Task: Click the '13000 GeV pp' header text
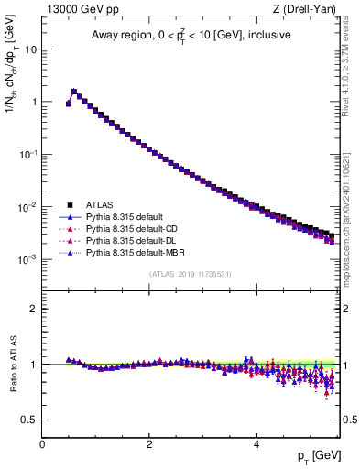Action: [80, 9]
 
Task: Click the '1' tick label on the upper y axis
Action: [35, 102]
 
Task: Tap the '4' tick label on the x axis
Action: [256, 444]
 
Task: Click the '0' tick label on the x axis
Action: [42, 444]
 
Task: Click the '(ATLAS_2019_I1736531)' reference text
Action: [190, 274]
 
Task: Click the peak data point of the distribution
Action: [74, 92]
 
